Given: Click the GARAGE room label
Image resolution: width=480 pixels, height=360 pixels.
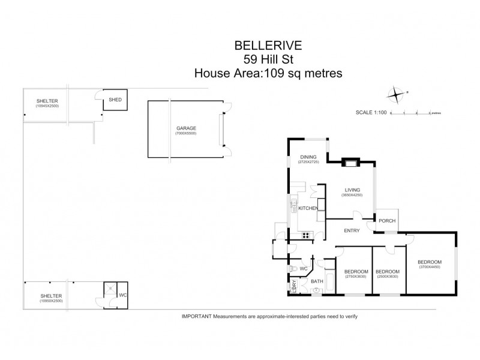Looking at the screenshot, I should (x=186, y=128).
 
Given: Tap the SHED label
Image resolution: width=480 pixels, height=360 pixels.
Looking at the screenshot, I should (x=115, y=100).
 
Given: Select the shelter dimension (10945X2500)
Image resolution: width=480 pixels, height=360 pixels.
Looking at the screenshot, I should (x=47, y=106).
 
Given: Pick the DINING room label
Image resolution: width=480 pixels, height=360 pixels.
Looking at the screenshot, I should (x=308, y=157).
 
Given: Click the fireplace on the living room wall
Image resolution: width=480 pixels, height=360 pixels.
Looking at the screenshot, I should (x=349, y=161).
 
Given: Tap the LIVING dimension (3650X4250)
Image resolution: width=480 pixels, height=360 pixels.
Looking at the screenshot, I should (x=352, y=196).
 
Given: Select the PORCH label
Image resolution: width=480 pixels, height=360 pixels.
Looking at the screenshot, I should (x=386, y=221).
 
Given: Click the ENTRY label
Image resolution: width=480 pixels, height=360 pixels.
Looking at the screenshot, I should (x=352, y=230).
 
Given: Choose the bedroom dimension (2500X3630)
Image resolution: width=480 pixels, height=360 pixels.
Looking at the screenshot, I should (x=389, y=277).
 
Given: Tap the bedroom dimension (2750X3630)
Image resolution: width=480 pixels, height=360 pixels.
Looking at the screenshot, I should (x=355, y=277).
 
